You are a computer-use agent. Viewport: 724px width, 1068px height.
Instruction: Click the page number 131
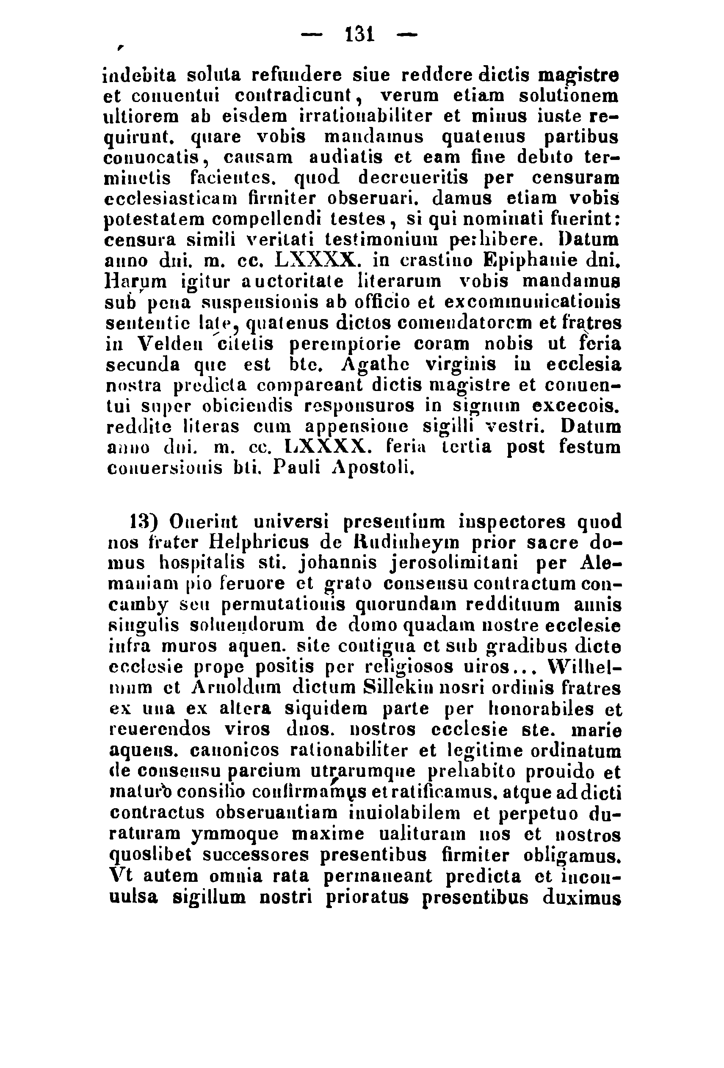(360, 34)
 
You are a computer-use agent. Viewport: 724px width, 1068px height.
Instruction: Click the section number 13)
(144, 522)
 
